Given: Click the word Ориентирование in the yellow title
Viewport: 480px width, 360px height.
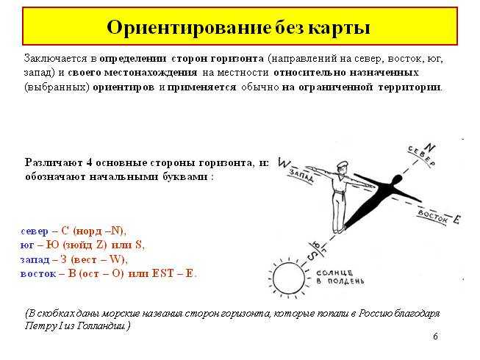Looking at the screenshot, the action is coord(189,28).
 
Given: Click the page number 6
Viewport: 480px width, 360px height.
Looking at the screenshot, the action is coord(435,336).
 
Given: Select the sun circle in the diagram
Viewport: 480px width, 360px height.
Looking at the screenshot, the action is coord(288,278).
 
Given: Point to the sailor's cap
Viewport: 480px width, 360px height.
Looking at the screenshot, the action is coord(343,165).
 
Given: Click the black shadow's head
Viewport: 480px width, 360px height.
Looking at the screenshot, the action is coord(397,180).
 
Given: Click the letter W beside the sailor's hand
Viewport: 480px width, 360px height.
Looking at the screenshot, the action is coord(284,163).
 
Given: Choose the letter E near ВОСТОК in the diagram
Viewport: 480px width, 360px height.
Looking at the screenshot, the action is coord(456,219).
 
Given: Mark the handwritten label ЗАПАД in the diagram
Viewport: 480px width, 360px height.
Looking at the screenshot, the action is coord(301,176).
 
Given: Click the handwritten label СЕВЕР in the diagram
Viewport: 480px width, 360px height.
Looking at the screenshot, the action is coord(421,156).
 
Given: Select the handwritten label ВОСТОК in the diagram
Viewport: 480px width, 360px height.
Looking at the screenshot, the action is coord(433,217).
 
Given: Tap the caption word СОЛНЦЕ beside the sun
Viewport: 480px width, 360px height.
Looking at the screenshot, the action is coord(331,273).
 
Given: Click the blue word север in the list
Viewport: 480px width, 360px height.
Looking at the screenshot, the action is coord(35,231).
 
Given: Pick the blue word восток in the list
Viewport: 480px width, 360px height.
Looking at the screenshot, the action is coord(38,273).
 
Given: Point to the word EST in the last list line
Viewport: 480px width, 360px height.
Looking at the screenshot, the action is coord(163,273).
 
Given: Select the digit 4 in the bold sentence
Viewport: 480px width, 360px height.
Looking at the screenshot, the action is coord(90,162).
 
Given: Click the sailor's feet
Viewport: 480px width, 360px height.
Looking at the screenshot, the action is coord(339,229).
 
